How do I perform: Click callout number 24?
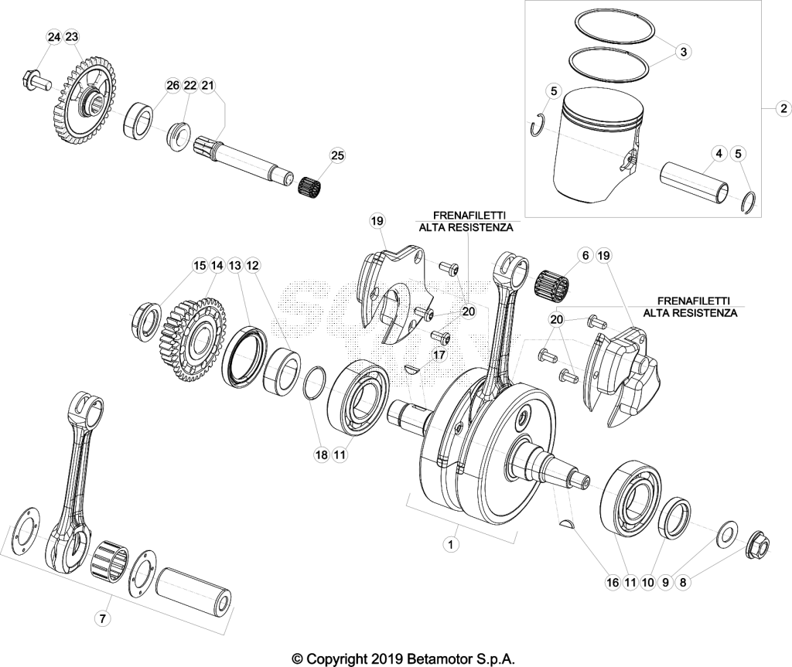click(54, 37)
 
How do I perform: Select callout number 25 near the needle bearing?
click(337, 155)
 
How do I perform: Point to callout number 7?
click(103, 618)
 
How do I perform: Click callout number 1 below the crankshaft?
click(451, 544)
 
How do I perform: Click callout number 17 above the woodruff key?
click(439, 355)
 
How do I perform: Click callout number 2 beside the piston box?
click(783, 108)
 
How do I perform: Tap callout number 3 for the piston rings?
click(683, 52)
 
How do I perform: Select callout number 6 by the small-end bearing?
click(585, 256)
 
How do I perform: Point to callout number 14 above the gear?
click(217, 265)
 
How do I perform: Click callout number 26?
click(172, 85)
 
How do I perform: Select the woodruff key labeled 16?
click(567, 523)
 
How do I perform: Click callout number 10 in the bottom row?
click(647, 582)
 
